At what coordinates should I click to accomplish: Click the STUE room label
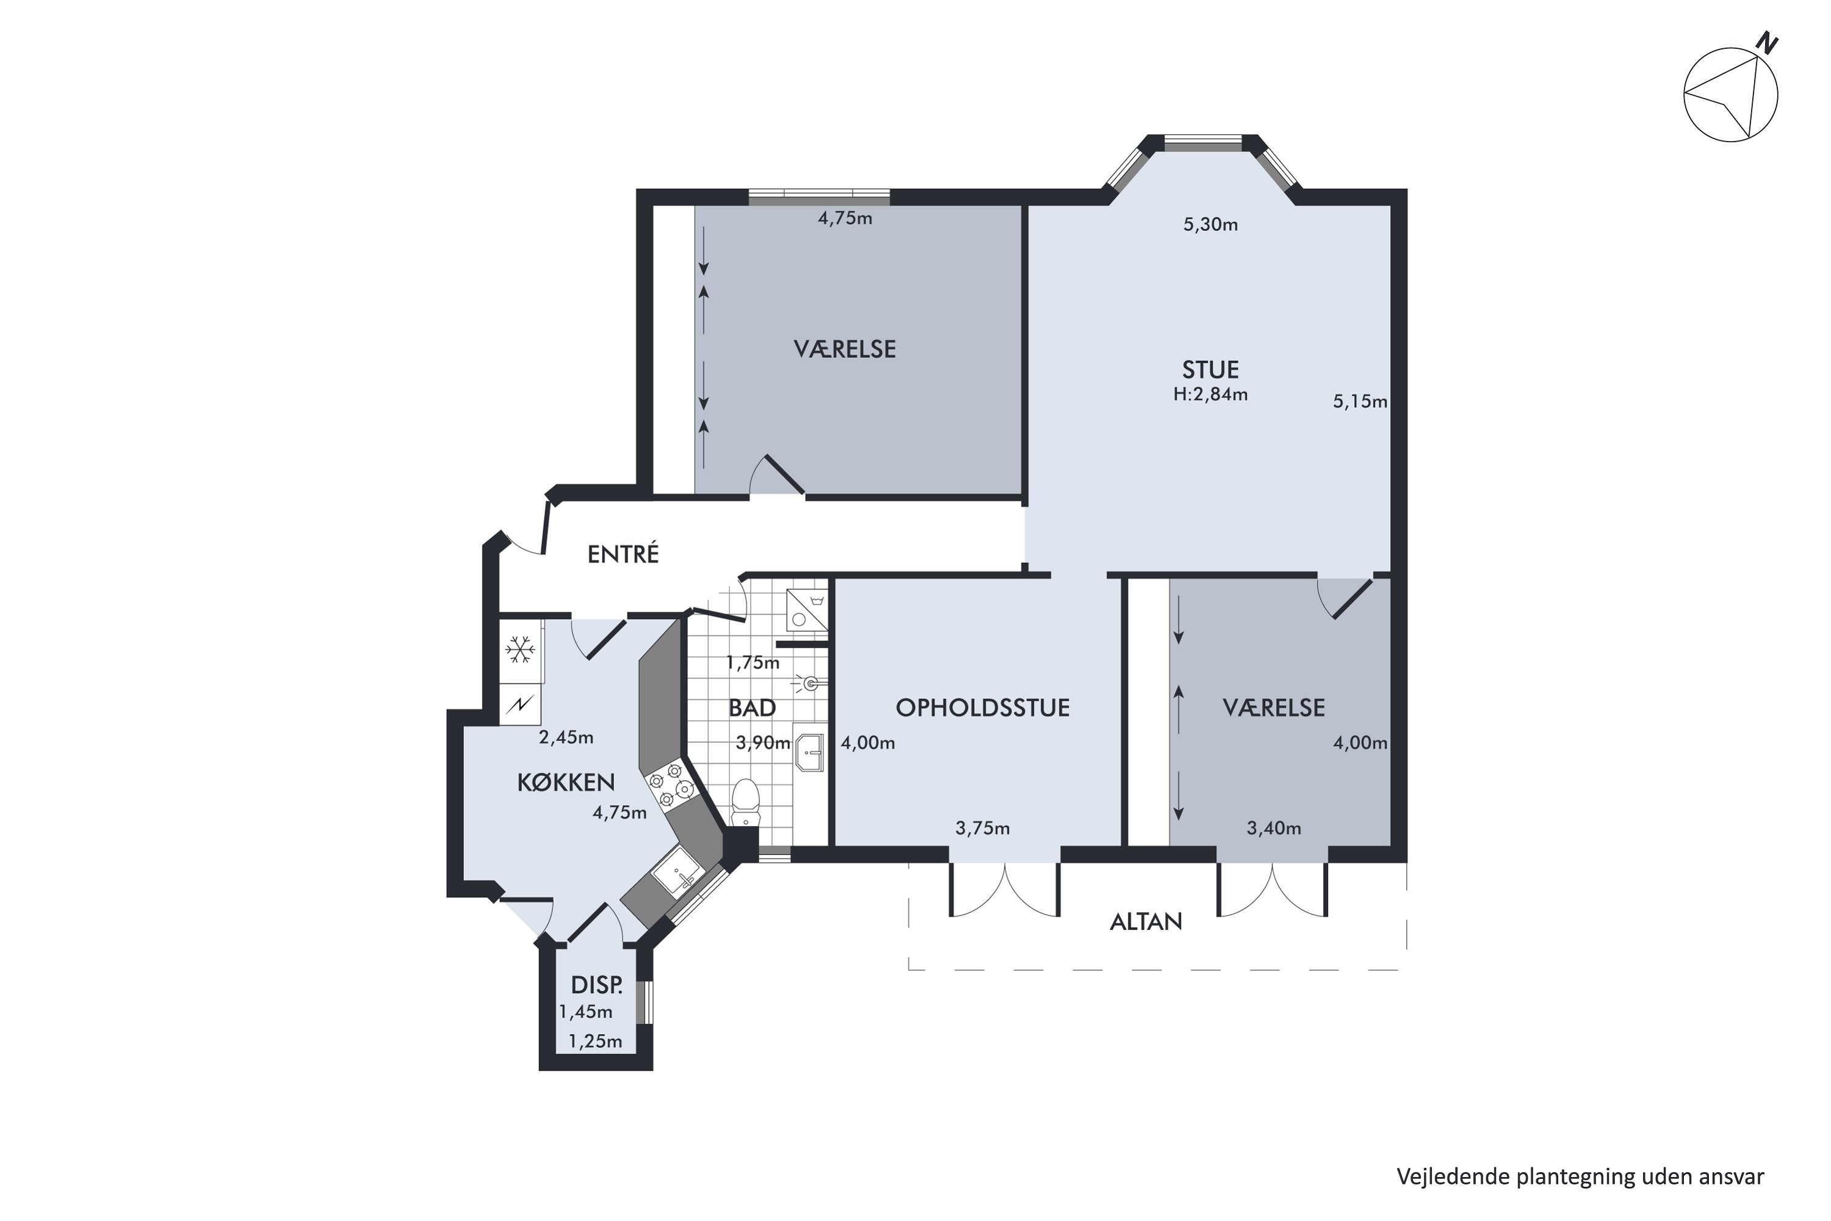pos(1210,369)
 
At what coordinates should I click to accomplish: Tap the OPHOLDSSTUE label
pos(983,708)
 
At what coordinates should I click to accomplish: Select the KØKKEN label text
pos(566,783)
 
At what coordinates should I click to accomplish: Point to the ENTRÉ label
pos(623,554)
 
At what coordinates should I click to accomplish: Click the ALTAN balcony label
pos(1146,922)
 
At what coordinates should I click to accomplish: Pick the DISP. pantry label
pos(597,986)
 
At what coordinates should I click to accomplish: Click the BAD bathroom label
pos(752,708)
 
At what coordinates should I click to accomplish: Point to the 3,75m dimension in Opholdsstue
pos(983,828)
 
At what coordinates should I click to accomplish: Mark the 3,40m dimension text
pos(1274,828)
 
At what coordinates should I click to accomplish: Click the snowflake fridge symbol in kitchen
pos(520,650)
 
